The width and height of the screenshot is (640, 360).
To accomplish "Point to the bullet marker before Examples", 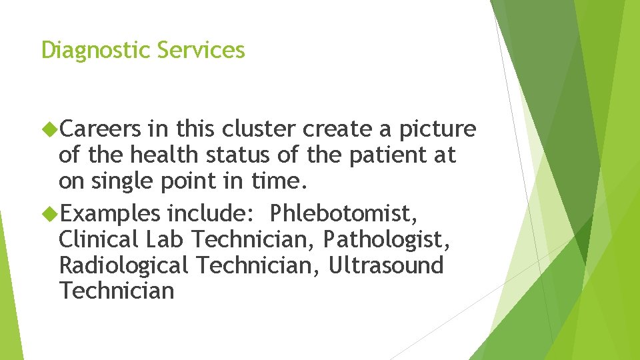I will (x=50, y=214).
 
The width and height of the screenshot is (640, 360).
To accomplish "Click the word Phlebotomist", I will (x=344, y=213).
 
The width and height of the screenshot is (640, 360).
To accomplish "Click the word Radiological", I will (x=124, y=265).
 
